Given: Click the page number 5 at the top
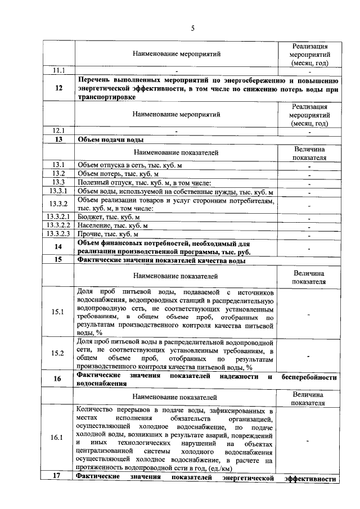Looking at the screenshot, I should click(192, 27).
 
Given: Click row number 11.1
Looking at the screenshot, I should click(59, 71).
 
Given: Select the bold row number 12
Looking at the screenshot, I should click(59, 88).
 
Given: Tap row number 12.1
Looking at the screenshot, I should click(59, 130).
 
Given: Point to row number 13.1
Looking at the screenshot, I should click(59, 164).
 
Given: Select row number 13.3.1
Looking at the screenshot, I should click(59, 191).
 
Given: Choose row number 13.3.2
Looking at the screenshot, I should click(59, 204).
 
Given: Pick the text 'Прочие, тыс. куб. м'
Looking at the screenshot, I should click(108, 234).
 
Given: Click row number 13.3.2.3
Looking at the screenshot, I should click(59, 234).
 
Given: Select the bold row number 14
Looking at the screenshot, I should click(59, 247).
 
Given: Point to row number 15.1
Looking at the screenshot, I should click(59, 313).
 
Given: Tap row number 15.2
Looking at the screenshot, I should click(59, 354).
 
